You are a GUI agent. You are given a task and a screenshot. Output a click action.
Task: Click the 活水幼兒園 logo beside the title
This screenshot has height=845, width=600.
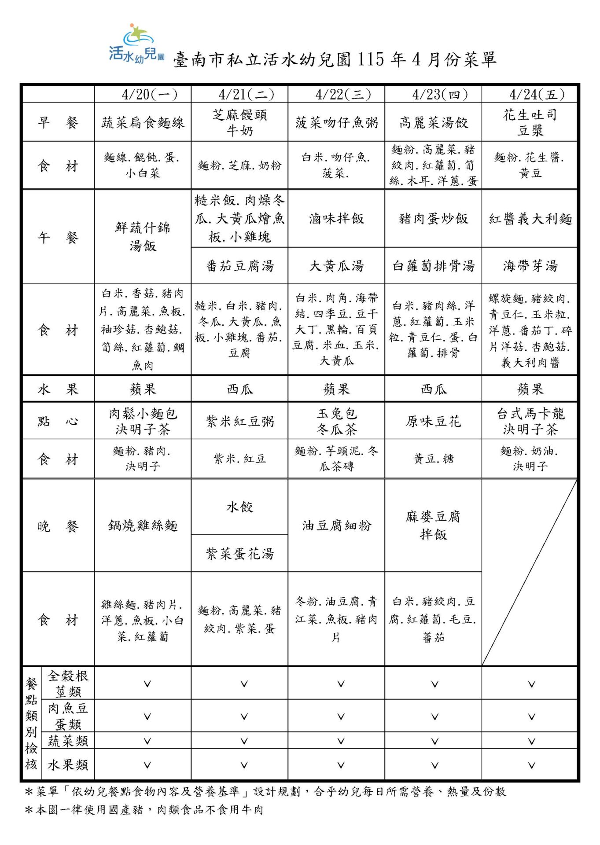point(136,44)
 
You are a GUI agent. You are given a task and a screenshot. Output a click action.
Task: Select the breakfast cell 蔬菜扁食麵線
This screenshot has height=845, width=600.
point(143,122)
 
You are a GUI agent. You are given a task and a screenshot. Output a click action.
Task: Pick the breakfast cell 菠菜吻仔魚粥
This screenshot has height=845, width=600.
point(336,122)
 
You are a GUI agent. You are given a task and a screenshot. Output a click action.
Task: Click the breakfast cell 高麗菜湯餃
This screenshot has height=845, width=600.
point(433,122)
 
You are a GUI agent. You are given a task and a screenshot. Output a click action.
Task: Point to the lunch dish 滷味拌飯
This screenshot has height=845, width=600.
point(336,218)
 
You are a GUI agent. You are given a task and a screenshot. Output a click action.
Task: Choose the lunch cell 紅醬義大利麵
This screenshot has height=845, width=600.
point(530,219)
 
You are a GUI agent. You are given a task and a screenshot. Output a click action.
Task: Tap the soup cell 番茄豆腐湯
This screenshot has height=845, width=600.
point(239,266)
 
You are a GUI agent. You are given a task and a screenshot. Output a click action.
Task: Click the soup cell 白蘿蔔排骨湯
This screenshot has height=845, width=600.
point(433,266)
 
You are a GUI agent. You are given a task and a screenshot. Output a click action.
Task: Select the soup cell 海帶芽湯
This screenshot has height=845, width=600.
point(530,266)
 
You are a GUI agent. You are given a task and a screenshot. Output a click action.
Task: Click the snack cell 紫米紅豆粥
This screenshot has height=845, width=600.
point(239,421)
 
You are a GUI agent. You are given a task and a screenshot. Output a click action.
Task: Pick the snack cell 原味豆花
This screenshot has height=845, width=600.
point(433,421)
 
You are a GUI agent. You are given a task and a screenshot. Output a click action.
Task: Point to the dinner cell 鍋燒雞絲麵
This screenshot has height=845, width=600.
point(143,525)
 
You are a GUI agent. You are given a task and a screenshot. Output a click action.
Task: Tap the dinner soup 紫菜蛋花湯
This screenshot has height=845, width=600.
point(239,553)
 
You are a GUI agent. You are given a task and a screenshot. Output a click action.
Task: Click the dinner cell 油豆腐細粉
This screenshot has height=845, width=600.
point(336,525)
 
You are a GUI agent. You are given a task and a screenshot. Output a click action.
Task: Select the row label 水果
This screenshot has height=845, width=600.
point(58,389)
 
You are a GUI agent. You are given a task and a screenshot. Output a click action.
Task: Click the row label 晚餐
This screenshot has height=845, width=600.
point(58,526)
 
